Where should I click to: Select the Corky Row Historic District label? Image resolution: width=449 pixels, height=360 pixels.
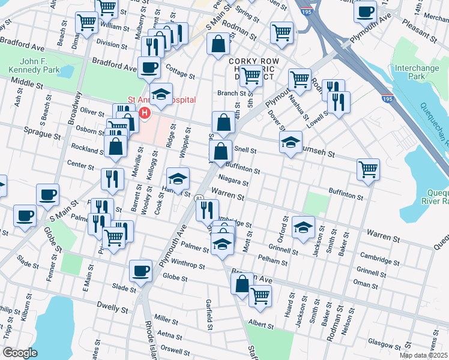tap(252, 66)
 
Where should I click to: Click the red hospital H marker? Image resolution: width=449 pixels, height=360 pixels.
tap(144, 112)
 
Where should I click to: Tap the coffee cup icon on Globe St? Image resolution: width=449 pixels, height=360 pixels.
tap(140, 271)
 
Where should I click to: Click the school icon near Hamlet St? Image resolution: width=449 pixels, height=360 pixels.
tap(178, 178)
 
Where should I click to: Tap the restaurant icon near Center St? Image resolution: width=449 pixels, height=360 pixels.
tap(112, 179)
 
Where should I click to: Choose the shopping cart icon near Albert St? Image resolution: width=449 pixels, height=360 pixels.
tap(260, 295)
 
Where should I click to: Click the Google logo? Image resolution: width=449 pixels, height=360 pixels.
tap(20, 353)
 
